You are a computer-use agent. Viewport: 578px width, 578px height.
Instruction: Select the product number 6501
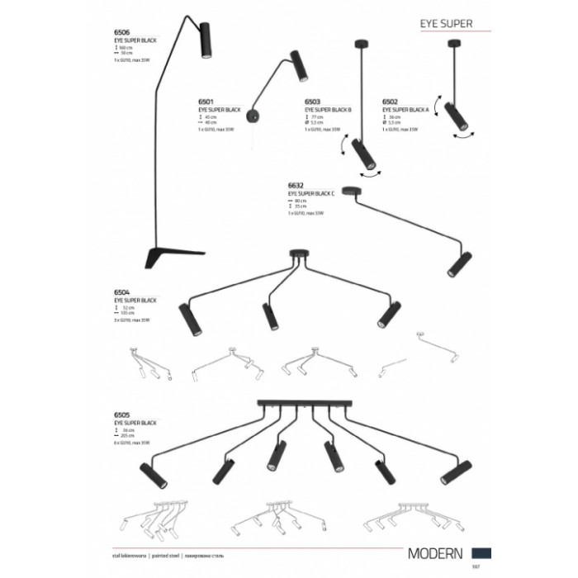(x=206, y=104)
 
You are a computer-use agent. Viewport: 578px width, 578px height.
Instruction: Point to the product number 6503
(x=312, y=104)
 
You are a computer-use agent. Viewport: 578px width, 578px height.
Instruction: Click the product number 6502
(x=391, y=104)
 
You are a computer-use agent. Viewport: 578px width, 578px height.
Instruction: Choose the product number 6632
(x=296, y=187)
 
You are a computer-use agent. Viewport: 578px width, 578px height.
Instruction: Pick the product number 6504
(x=121, y=291)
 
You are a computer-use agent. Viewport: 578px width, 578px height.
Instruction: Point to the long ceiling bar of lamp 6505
(x=298, y=404)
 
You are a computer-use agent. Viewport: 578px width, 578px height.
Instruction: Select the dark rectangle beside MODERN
(x=484, y=552)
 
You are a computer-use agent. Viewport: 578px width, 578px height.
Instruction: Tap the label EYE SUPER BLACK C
(x=312, y=193)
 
